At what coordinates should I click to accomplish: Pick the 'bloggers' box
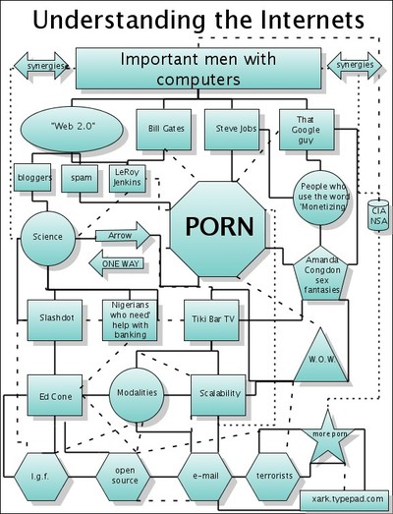point(33,179)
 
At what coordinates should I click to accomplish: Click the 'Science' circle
point(47,237)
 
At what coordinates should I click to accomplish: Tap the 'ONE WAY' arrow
point(118,263)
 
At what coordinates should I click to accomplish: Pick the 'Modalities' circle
point(137,392)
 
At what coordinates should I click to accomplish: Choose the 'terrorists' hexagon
point(272,476)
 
